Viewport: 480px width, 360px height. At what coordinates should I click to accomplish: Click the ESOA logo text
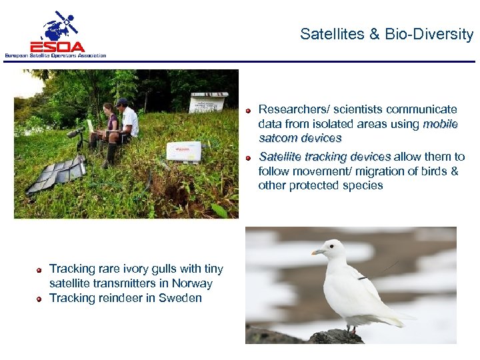click(x=57, y=46)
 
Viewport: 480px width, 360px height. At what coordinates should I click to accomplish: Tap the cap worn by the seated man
click(x=121, y=102)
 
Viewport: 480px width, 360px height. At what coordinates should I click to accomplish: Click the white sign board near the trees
click(x=208, y=103)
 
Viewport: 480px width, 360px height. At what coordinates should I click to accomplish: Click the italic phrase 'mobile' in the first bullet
click(x=440, y=124)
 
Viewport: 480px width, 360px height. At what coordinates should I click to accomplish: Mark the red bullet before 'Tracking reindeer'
click(x=40, y=299)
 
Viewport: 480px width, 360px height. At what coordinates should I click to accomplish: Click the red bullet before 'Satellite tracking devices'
click(x=248, y=158)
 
